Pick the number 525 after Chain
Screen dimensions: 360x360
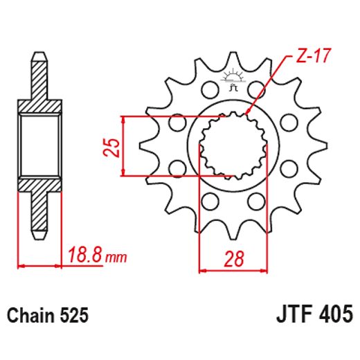(75, 316)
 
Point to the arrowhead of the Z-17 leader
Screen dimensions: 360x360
(247, 113)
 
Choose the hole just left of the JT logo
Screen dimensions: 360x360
(208, 91)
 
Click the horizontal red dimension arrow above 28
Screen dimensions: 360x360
(233, 271)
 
